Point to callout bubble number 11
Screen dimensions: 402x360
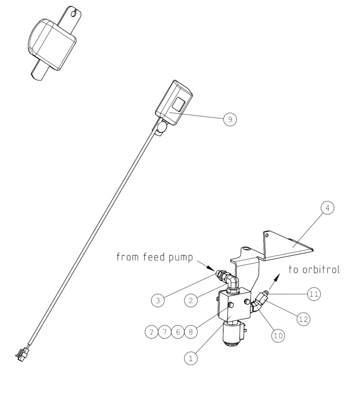click(313, 294)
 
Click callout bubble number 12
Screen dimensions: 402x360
click(303, 320)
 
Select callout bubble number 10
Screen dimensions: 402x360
click(279, 335)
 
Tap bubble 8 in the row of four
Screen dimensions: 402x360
click(190, 332)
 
